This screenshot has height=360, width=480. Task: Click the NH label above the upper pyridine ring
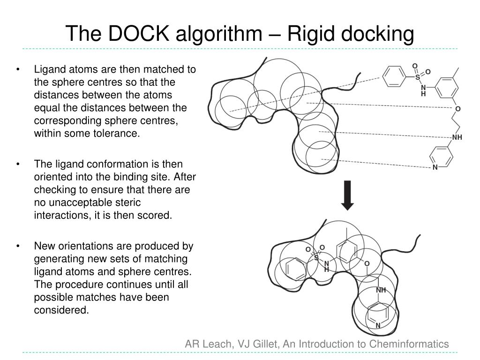[x=457, y=137]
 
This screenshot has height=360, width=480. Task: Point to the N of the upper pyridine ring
[x=435, y=167]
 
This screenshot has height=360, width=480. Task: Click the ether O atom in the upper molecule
[x=458, y=109]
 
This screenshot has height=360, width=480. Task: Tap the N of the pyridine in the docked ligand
[x=378, y=325]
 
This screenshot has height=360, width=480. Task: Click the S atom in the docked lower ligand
[x=316, y=258]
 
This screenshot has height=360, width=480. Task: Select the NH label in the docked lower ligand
[x=381, y=290]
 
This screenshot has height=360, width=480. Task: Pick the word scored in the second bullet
[x=157, y=215]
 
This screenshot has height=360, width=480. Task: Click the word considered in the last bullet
[x=60, y=310]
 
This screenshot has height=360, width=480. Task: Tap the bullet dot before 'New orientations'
[x=18, y=246]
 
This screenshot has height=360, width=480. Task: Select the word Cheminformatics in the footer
[x=409, y=344]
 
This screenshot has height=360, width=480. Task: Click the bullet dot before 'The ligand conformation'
[x=18, y=165]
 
